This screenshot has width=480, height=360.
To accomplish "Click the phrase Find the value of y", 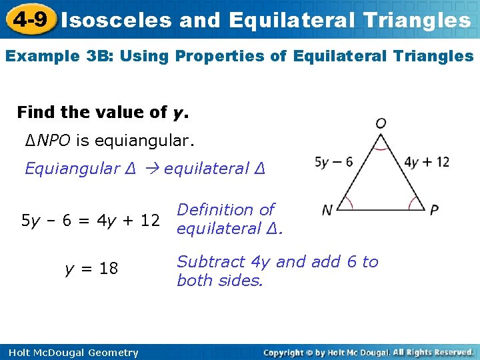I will coord(103,112).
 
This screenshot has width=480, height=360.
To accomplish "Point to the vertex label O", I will coord(381,123).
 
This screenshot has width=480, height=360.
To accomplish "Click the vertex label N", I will coord(327,210).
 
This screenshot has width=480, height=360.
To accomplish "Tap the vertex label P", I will coord(434,210).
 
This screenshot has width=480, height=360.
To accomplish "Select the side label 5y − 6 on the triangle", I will coord(333,162).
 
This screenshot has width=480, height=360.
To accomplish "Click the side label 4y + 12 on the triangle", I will coord(427,162).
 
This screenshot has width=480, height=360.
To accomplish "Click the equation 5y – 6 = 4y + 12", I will coord(91,219).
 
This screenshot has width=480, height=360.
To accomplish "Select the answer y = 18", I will coord(91,269).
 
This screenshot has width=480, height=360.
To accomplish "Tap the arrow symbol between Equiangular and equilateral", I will coord(151,169).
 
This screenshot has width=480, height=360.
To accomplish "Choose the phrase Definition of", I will coord(225,209).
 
